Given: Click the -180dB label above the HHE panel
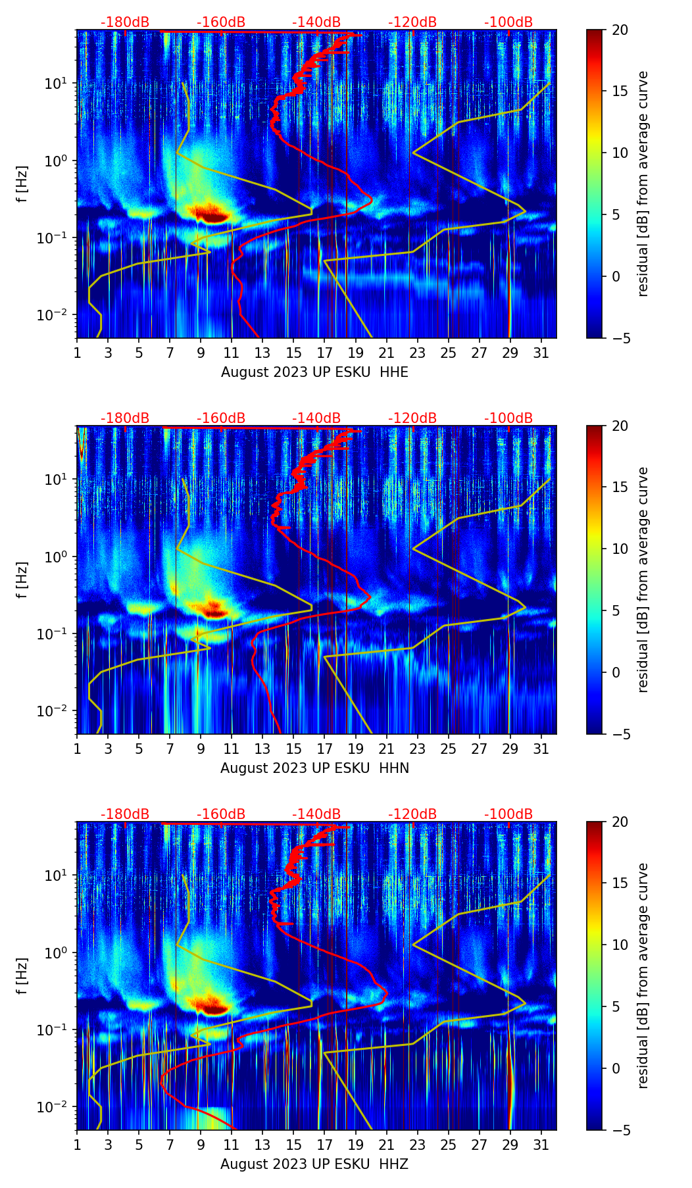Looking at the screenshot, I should coord(125,22).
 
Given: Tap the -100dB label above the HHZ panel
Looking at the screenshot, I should coord(508,814).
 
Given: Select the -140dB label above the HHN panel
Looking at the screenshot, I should coord(316,418).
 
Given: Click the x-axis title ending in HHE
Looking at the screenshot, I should coord(314,372).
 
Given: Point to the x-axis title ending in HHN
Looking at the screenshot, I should coord(314,768).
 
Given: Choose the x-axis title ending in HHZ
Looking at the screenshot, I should coord(314,1164).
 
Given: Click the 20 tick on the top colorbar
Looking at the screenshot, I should coord(620,30).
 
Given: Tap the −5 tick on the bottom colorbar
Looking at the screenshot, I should coord(620,1130).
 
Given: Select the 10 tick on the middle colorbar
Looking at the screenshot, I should coord(620,549).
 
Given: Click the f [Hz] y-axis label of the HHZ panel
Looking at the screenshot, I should coord(24,976).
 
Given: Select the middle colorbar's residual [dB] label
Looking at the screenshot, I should coord(643,580).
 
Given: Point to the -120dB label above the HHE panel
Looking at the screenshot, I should coord(412,22).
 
